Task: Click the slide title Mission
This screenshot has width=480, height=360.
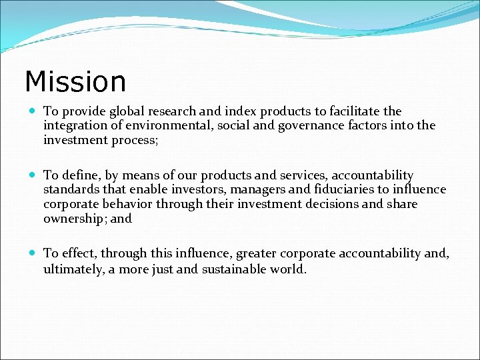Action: pyautogui.click(x=75, y=82)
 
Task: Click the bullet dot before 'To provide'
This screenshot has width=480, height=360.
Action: pyautogui.click(x=33, y=111)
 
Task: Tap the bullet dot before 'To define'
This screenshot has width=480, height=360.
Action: pyautogui.click(x=33, y=175)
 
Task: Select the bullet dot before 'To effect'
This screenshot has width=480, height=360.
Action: pyautogui.click(x=33, y=253)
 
